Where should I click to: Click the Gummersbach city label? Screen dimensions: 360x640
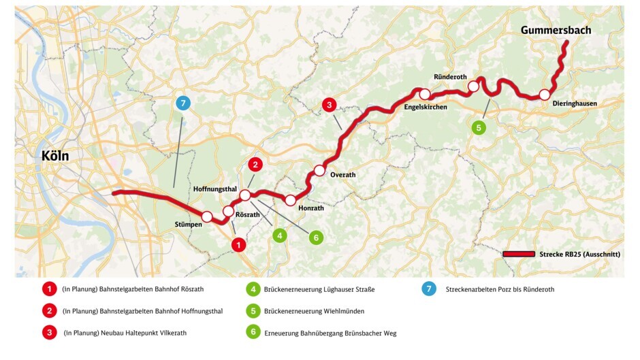tap(556, 30)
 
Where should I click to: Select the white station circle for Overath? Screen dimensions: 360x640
tap(319, 170)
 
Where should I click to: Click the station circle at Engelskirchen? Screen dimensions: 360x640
tap(425, 94)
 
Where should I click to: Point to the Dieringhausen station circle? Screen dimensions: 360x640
tap(544, 95)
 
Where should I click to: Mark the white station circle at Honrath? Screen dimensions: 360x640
tap(291, 200)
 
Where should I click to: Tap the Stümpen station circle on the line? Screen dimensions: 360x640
tap(207, 216)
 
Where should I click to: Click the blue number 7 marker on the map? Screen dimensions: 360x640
tap(182, 103)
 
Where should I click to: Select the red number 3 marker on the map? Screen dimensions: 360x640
tap(329, 105)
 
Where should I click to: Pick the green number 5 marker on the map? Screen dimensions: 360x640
tap(479, 127)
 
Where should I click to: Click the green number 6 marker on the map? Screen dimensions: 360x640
tap(315, 238)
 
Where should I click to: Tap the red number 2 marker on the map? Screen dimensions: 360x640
tap(255, 164)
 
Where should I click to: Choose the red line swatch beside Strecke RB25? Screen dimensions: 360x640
tap(518, 254)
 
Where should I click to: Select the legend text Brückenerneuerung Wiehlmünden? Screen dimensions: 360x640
tap(314, 311)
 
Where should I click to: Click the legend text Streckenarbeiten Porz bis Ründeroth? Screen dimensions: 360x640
tap(500, 289)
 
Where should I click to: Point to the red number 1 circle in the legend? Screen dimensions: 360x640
tap(49, 289)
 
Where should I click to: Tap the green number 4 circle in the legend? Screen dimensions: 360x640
tap(253, 289)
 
